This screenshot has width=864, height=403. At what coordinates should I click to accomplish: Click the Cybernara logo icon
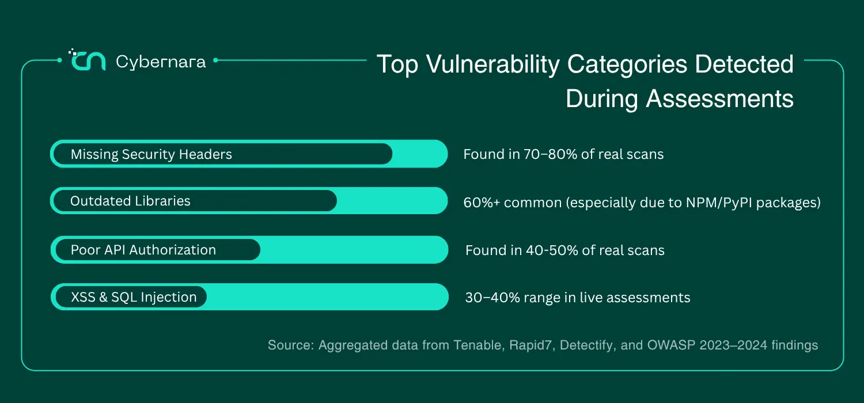point(87,60)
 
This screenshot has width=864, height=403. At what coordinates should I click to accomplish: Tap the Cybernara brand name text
point(161,62)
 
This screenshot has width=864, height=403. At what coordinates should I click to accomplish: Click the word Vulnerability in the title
point(492,64)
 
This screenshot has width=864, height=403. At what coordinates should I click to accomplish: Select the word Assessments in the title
point(720,98)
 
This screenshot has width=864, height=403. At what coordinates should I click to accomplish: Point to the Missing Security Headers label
point(151,154)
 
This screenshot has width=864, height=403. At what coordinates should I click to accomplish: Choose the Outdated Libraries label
point(130,201)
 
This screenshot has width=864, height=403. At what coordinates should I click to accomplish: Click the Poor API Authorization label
point(143,250)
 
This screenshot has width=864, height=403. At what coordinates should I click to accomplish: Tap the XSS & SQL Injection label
point(134,297)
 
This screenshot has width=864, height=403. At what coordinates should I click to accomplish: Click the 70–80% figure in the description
point(550,154)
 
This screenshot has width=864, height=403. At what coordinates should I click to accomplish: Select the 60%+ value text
point(482,203)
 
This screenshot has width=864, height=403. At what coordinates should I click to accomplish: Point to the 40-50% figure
point(552,250)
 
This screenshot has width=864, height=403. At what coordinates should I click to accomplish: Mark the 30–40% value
point(492,297)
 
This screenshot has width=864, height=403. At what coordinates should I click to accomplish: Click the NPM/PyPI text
point(719,203)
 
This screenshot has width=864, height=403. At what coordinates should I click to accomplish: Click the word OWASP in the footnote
point(671,345)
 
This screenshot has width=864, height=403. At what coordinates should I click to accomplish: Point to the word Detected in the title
point(744,64)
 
